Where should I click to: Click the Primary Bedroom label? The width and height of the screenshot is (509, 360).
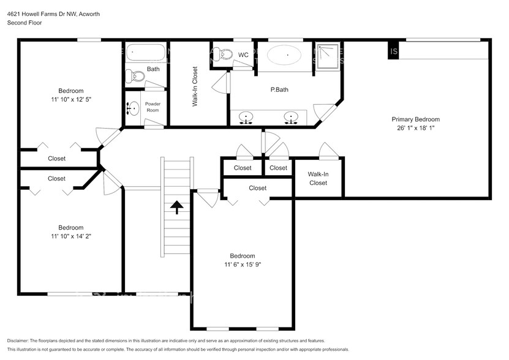pyautogui.click(x=416, y=119)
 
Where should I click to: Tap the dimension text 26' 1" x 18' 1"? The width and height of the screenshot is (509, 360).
pyautogui.click(x=416, y=129)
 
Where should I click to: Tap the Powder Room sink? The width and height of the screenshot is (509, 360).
pyautogui.click(x=133, y=109)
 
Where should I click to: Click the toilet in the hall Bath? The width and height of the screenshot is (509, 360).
pyautogui.click(x=134, y=76)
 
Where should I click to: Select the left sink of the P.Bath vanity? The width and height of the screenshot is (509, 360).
pyautogui.click(x=246, y=116)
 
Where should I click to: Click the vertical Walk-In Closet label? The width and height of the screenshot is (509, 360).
pyautogui.click(x=195, y=87)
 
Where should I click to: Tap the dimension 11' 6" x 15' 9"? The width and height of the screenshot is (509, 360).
pyautogui.click(x=242, y=264)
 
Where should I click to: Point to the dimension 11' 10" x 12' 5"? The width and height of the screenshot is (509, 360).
pyautogui.click(x=71, y=99)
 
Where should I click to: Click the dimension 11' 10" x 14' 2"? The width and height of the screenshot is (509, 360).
pyautogui.click(x=71, y=236)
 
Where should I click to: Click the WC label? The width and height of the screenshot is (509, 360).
pyautogui.click(x=243, y=55)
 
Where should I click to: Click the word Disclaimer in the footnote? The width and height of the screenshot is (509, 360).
pyautogui.click(x=21, y=340)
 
